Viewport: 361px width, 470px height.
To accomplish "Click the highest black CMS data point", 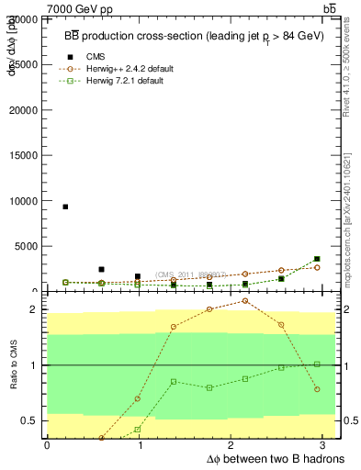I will (65, 207).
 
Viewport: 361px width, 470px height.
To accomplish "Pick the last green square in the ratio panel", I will (317, 364).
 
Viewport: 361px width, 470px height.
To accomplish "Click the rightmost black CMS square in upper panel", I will (317, 259).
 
